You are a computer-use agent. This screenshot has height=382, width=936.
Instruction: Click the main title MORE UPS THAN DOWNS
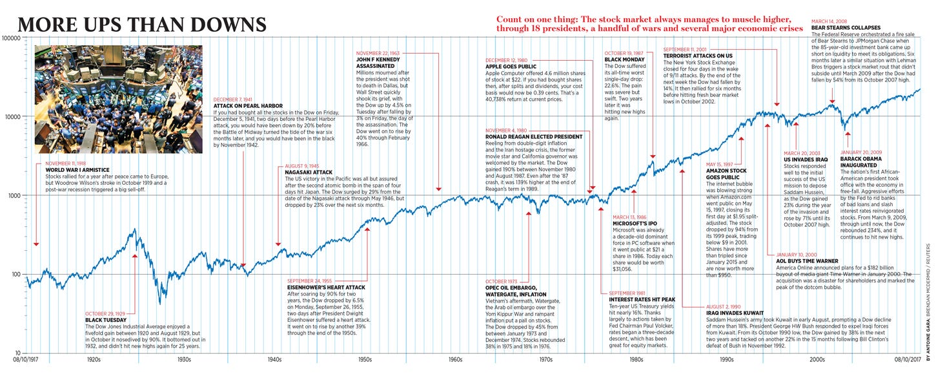[142, 25]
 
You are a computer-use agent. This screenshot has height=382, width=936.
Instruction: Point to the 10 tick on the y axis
[19, 353]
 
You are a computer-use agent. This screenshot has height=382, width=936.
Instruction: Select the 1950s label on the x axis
[364, 359]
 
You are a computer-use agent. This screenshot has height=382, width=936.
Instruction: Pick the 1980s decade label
[636, 359]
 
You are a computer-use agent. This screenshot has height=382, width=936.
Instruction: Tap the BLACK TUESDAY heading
[103, 320]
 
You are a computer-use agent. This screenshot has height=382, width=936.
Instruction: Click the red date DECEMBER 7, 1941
[235, 100]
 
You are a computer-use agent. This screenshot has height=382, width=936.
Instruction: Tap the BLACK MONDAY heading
[622, 59]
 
